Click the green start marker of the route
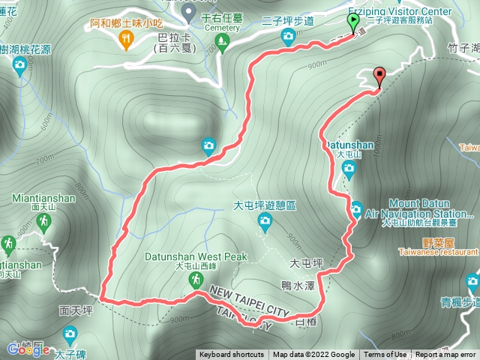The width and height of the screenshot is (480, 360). pos(353,21)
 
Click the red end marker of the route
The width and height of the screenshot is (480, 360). pos(379,75)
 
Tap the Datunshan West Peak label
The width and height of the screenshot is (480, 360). pos(211,256)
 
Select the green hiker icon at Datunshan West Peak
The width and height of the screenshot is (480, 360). pos(195,279)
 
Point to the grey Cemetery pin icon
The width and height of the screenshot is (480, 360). pos(187,12)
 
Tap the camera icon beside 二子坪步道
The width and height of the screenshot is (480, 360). pos(288,36)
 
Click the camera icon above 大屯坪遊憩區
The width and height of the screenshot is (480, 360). pos(264,220)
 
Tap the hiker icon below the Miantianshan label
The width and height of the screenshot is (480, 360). pos(45,220)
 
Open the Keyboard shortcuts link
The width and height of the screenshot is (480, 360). pos(232,355)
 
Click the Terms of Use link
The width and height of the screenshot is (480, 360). pos(385,355)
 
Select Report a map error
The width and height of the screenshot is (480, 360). pos(445,355)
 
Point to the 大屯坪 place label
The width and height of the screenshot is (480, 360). pos(305,263)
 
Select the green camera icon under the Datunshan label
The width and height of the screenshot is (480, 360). pos(349,168)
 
